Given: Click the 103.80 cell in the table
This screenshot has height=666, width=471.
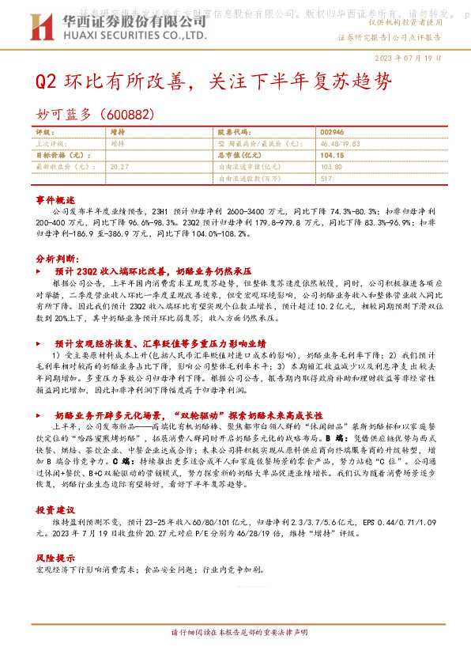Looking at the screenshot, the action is [332, 167].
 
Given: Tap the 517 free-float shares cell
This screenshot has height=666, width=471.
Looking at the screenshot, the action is [326, 179].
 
